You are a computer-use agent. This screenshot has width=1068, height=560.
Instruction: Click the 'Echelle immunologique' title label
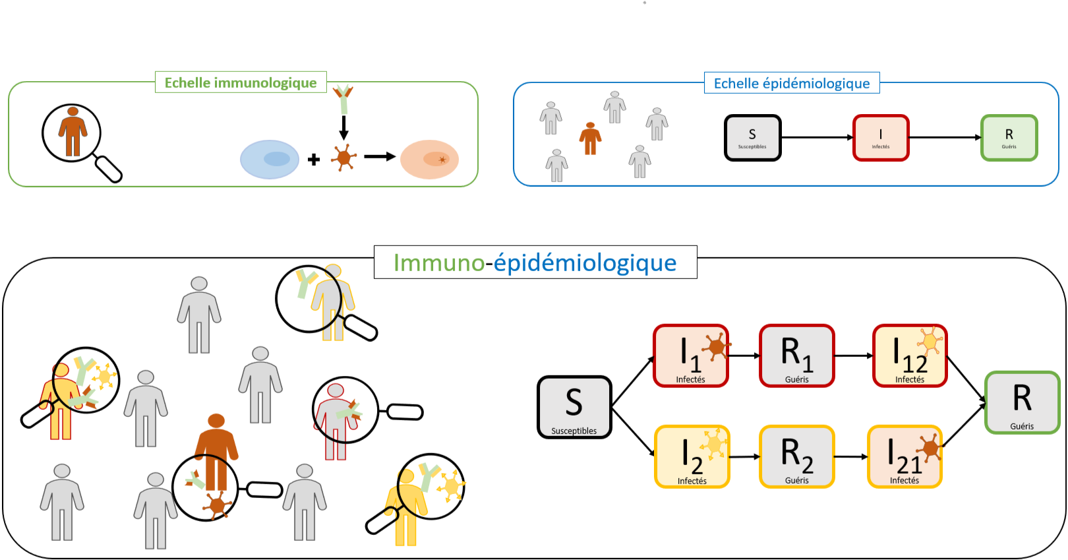point(241,82)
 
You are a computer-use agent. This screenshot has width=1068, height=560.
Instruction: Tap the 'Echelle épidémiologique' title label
point(792,83)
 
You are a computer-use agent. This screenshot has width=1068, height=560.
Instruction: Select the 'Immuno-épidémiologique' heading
point(535,263)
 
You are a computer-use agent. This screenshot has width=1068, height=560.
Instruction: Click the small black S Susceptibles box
point(752,138)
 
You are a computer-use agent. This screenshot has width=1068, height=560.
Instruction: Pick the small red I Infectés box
point(881,138)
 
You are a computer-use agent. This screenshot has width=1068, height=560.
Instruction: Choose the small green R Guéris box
point(1009,138)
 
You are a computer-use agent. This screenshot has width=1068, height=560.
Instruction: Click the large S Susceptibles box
point(574,407)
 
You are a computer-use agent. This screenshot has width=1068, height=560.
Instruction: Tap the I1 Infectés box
point(691,356)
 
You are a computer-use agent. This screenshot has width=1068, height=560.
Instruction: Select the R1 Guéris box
point(796,356)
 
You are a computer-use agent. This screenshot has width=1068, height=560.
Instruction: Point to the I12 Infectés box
point(910,356)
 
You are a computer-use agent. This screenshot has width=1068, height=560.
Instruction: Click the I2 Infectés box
point(692,456)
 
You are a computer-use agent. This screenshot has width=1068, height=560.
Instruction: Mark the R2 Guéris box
point(796,456)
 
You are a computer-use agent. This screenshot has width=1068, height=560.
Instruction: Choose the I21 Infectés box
point(905,456)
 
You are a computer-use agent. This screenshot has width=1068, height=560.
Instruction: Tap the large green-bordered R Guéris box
point(1022,402)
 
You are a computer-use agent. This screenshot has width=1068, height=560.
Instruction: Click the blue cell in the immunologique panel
point(270,160)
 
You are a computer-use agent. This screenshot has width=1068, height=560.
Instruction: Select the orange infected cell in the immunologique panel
point(430,160)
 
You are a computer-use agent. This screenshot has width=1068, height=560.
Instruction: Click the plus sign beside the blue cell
point(314,159)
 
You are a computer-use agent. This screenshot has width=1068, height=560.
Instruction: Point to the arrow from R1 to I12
point(853,356)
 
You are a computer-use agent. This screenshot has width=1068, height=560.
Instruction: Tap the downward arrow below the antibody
point(343,127)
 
